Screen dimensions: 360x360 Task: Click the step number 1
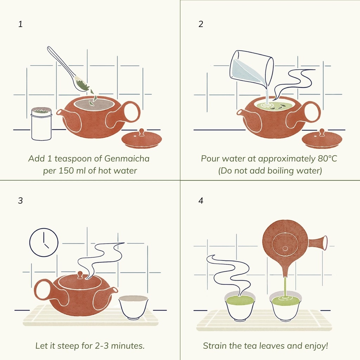[20, 24]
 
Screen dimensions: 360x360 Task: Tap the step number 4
[201, 201]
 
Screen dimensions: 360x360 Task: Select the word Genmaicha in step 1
[127, 159]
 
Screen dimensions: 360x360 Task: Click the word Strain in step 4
[214, 346]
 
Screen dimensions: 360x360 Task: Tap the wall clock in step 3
[44, 242]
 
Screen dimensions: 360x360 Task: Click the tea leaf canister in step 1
[41, 124]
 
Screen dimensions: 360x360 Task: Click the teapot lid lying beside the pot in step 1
[141, 139]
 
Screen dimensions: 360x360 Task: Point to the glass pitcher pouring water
[252, 68]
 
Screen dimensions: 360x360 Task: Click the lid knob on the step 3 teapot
[80, 275]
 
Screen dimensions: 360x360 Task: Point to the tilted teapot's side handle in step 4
[318, 243]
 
